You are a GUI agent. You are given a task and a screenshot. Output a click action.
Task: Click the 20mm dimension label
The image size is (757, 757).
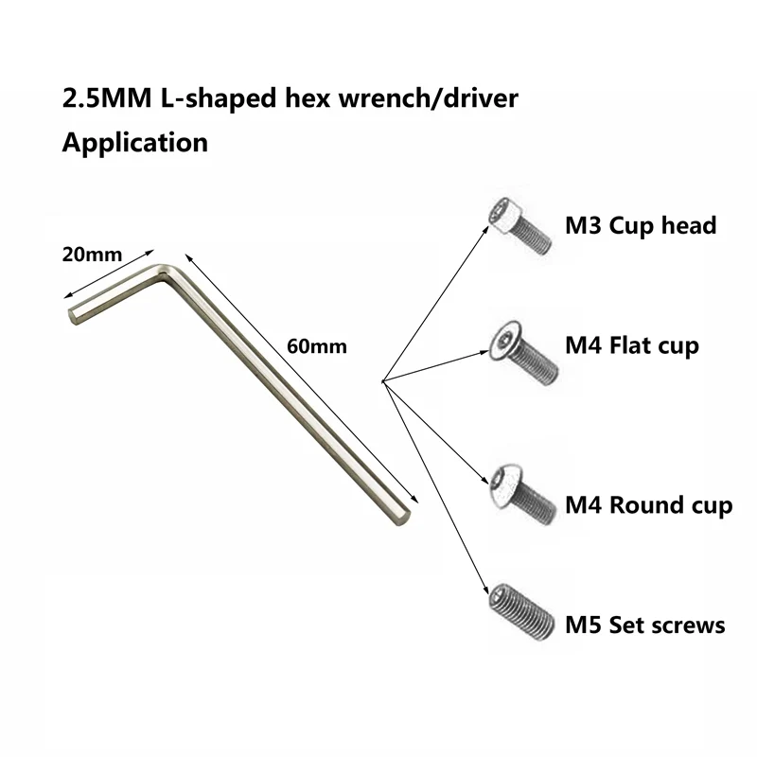point(92,255)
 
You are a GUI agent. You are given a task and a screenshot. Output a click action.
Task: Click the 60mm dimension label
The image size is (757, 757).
point(317,346)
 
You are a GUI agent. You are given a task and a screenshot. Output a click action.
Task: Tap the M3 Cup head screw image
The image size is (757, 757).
point(519,226)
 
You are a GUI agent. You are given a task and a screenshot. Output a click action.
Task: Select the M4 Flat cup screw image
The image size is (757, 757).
point(524,353)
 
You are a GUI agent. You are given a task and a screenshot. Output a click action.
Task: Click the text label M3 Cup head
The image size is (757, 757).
point(641,226)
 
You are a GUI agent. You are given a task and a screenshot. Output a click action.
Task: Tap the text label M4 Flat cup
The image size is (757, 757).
point(632,346)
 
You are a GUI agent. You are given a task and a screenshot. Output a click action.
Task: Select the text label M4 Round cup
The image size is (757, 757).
point(649,505)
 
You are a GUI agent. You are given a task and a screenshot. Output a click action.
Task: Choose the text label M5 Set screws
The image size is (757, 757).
point(645,625)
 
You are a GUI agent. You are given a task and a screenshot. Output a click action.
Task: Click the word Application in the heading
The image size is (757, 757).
point(135,144)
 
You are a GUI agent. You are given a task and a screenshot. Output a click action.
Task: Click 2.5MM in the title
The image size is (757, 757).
point(107,98)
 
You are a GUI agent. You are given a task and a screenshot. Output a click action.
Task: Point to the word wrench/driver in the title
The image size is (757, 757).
point(429,98)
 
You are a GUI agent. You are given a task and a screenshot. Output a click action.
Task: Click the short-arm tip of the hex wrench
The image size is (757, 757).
point(72,315)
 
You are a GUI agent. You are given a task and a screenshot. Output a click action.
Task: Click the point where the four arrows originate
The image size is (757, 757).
point(383,381)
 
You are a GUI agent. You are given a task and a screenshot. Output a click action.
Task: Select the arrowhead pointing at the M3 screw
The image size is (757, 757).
point(485,227)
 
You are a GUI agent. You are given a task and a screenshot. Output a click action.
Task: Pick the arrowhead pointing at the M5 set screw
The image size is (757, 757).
point(485,589)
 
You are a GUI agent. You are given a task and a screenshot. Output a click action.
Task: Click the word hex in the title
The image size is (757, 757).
point(308,98)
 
